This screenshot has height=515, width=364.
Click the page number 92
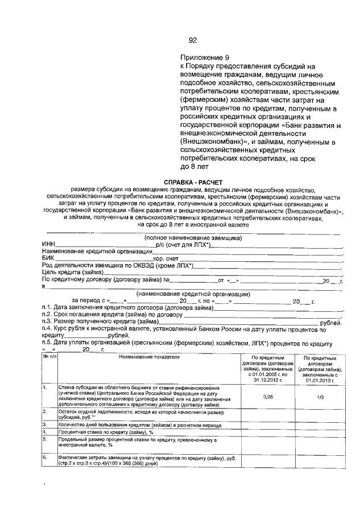[x=192, y=40]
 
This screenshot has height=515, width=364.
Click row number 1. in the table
[x=45, y=387]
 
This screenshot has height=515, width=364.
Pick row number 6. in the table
[x=45, y=457]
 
